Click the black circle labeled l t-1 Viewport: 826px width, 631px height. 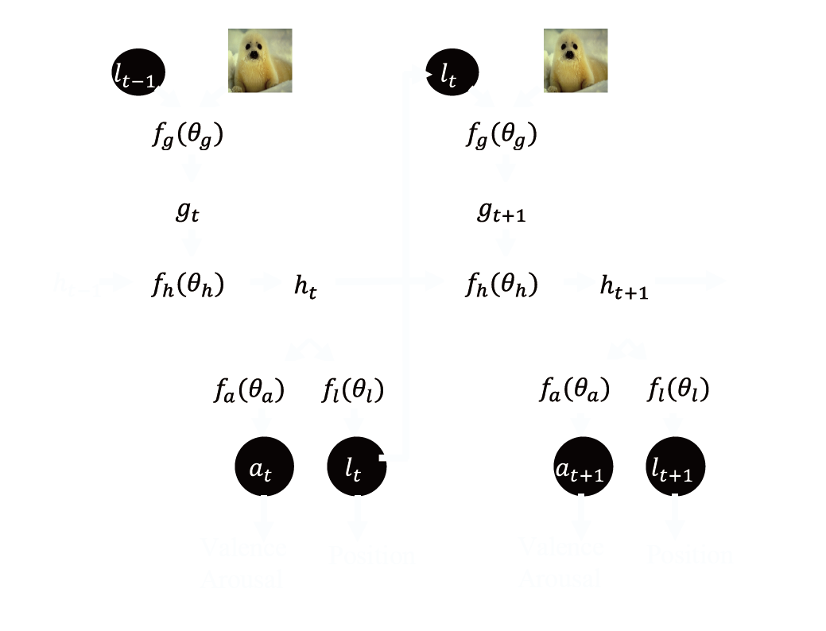pos(138,72)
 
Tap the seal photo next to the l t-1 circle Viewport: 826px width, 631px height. pos(260,61)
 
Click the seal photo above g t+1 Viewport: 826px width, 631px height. pos(576,61)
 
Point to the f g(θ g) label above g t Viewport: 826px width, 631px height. pos(188,136)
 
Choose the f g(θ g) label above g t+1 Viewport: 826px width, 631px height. pos(502,136)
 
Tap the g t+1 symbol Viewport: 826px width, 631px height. pos(502,213)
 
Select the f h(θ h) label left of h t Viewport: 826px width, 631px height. pos(188,285)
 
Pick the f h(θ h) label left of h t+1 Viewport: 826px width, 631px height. pos(502,285)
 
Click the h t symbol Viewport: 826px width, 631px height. pos(305,287)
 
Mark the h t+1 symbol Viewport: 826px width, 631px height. pos(623,288)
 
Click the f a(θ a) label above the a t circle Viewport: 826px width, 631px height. pos(249,390)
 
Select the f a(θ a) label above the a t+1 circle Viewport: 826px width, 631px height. pos(574,390)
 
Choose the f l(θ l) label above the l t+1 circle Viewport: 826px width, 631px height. pos(678,390)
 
